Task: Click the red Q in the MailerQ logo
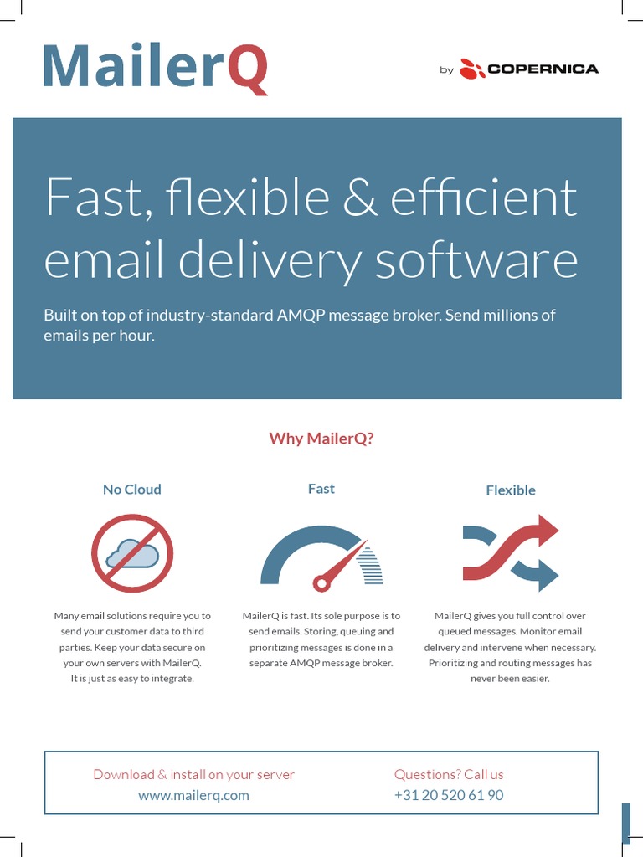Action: pyautogui.click(x=247, y=69)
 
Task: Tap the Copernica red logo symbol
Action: pyautogui.click(x=472, y=69)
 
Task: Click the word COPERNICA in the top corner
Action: pyautogui.click(x=543, y=69)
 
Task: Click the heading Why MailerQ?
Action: pyautogui.click(x=321, y=439)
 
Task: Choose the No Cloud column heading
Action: pyautogui.click(x=131, y=490)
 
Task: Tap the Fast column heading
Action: pyautogui.click(x=321, y=489)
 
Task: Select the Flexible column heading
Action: pyautogui.click(x=510, y=490)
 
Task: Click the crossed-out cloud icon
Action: pyautogui.click(x=132, y=553)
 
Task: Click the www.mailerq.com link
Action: pyautogui.click(x=193, y=795)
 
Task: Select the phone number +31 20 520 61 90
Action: pyautogui.click(x=449, y=795)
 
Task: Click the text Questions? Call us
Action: pyautogui.click(x=449, y=774)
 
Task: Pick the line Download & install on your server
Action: pyautogui.click(x=193, y=774)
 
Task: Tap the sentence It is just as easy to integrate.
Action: pyautogui.click(x=132, y=679)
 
